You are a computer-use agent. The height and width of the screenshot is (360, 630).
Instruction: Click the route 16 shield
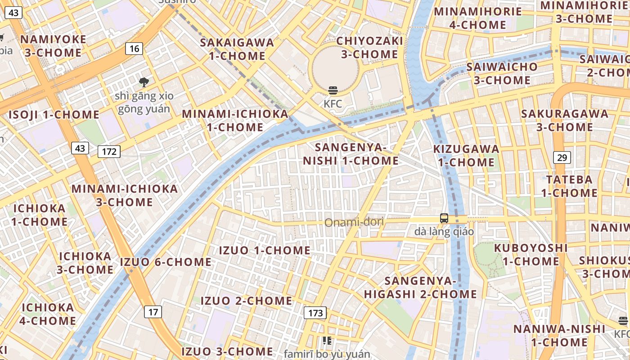(x=135, y=48)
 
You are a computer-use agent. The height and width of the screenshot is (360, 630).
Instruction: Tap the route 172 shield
(x=109, y=152)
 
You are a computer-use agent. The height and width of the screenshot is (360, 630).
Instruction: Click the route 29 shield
(x=562, y=157)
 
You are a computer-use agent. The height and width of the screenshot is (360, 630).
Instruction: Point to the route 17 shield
(x=153, y=311)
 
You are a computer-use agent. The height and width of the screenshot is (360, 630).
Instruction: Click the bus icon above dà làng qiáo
(x=444, y=218)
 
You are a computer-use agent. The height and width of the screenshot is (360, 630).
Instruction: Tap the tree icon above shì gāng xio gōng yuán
(x=144, y=82)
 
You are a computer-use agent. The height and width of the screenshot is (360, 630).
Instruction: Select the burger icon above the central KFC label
(x=333, y=90)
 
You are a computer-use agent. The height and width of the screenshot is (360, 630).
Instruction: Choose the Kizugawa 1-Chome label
(x=466, y=155)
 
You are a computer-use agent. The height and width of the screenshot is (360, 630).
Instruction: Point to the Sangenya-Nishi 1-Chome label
(x=351, y=154)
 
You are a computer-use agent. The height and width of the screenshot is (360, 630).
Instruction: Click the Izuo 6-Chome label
(x=166, y=262)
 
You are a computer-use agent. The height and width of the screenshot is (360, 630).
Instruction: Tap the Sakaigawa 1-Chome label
(x=237, y=49)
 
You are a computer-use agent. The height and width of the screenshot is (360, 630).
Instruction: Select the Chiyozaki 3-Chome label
(x=369, y=48)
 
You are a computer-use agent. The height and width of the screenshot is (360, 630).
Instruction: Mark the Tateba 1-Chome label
(x=569, y=186)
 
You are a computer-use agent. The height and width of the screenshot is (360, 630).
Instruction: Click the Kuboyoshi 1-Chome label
(x=531, y=254)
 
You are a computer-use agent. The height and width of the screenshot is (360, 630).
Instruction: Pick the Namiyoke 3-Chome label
(x=53, y=46)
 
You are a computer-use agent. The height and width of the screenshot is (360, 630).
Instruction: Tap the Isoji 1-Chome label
(x=54, y=114)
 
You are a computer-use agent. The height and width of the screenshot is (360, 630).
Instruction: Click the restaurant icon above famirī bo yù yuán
(x=327, y=341)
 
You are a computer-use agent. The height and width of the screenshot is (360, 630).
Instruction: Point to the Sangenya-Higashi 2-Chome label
(x=420, y=288)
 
